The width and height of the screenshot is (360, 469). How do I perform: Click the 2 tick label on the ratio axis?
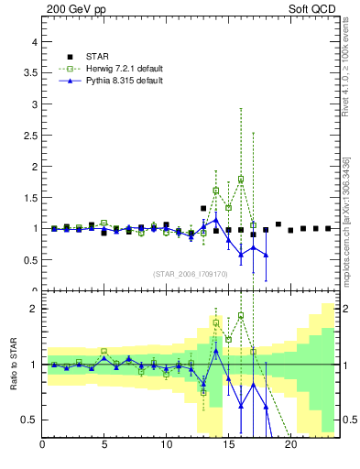coord(34,309)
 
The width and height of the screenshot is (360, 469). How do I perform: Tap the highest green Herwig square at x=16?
coord(241,180)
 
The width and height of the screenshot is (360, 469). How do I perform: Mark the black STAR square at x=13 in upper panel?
coord(203,209)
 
